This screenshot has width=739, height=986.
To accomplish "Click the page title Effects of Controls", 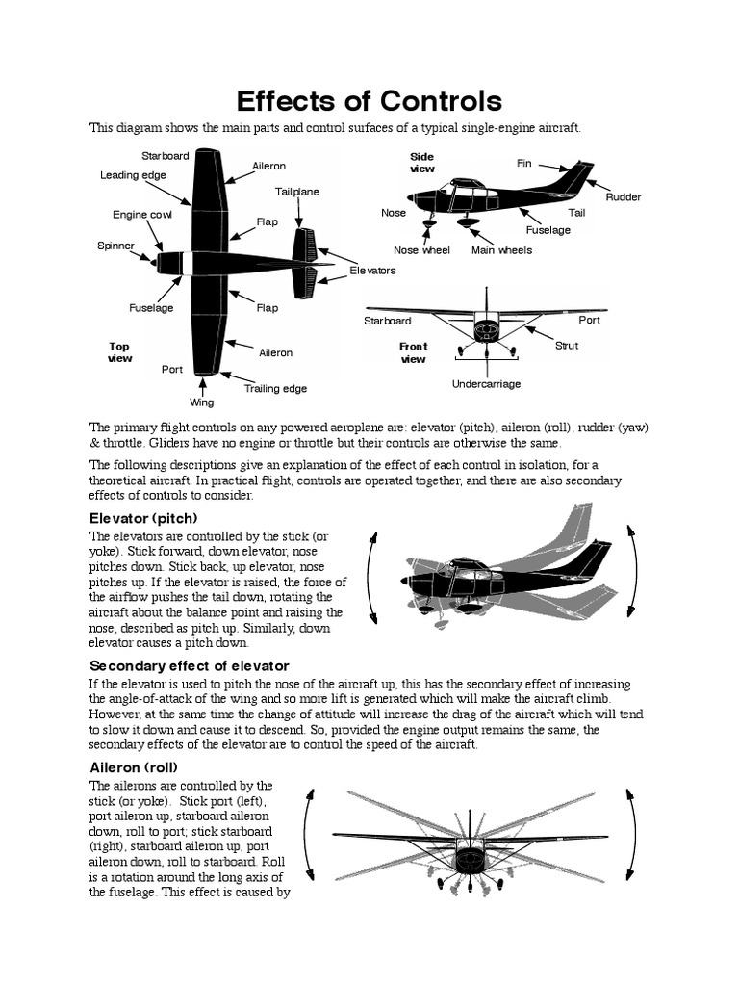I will click(369, 101).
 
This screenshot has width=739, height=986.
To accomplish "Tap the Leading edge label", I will click(133, 175).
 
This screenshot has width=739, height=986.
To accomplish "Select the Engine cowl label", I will click(141, 215).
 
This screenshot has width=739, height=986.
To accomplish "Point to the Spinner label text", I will click(115, 246).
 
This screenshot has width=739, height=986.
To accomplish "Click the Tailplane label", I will click(297, 192).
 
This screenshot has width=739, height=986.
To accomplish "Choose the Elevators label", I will click(372, 271).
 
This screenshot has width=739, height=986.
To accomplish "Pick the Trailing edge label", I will click(275, 389).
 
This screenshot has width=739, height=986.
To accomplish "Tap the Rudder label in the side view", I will click(623, 197).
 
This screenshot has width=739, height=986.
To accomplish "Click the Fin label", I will click(523, 164).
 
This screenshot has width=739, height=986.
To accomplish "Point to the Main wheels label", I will click(501, 250).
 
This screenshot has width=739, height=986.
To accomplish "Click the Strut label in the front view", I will click(567, 346).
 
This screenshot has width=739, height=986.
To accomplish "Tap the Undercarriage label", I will click(486, 384).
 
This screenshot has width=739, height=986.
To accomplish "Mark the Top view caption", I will click(119, 352).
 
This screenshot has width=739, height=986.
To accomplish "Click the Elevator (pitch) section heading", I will click(143, 518).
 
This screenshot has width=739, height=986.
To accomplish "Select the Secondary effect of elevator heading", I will click(189, 666).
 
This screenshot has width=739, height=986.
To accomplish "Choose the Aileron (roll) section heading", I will click(134, 767).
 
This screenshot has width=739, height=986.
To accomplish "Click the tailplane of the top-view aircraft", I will click(306, 263).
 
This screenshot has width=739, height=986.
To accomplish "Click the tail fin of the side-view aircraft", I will click(575, 178).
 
